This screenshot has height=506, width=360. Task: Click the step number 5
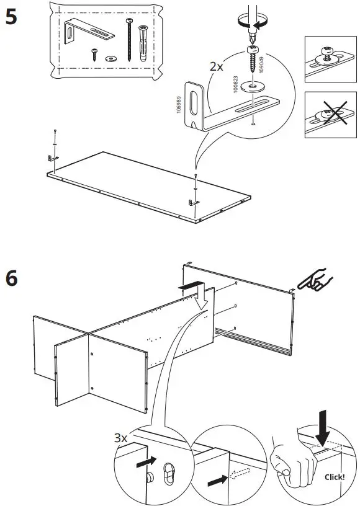tap(11, 17)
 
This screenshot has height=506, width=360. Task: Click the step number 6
tap(11, 280)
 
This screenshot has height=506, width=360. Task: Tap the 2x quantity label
tap(217, 66)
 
